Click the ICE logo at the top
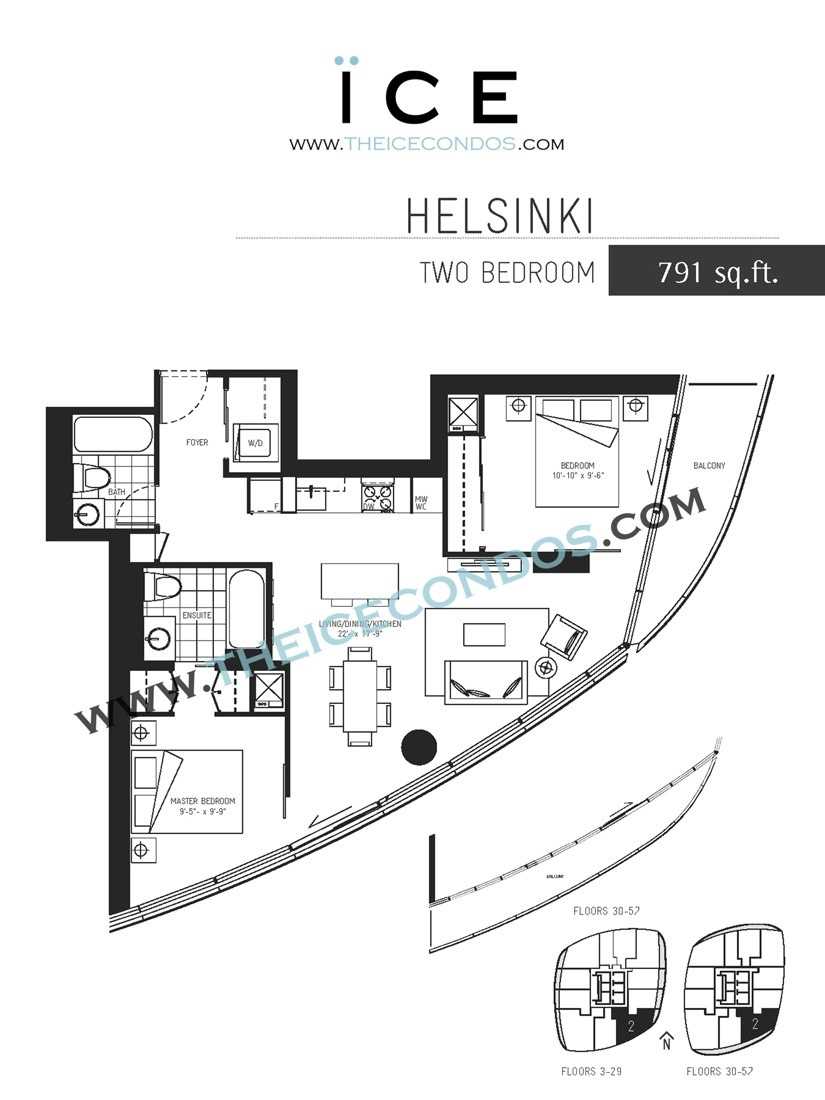click(x=427, y=95)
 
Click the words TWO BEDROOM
click(x=507, y=273)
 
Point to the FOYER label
click(x=197, y=442)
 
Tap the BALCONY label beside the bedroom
click(x=708, y=466)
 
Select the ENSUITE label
click(x=196, y=615)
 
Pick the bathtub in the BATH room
click(x=113, y=436)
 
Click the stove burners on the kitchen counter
click(x=376, y=493)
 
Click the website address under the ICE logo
click(x=427, y=144)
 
